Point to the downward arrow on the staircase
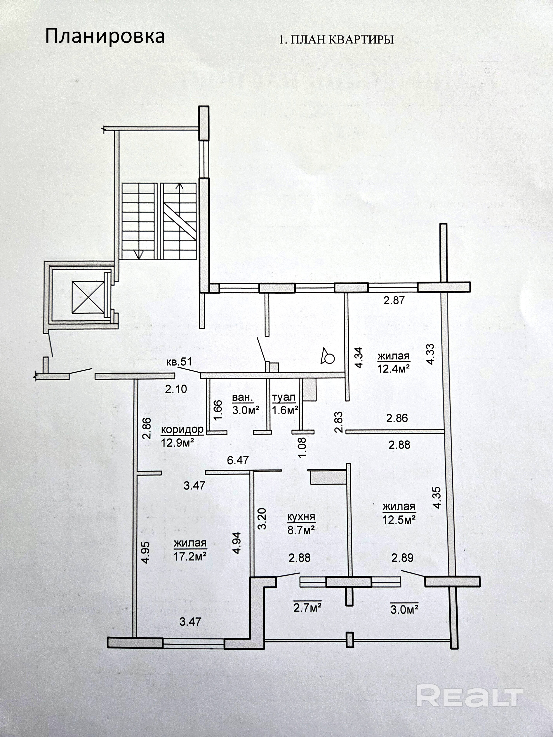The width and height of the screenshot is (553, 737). pyautogui.click(x=139, y=255)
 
